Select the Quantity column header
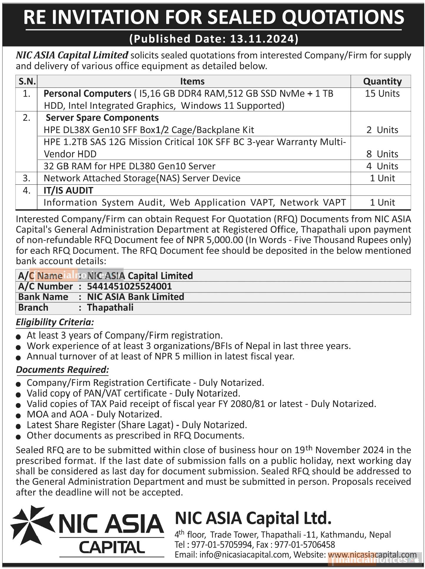pyautogui.click(x=382, y=81)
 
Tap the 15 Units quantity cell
pyautogui.click(x=382, y=94)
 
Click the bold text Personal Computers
pyautogui.click(x=87, y=94)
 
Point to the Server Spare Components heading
pyautogui.click(x=102, y=118)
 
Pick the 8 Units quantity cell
pyautogui.click(x=382, y=154)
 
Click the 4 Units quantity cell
pyautogui.click(x=382, y=166)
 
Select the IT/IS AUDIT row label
pyautogui.click(x=68, y=191)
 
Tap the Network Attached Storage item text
pyautogui.click(x=142, y=178)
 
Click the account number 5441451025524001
pyautogui.click(x=129, y=286)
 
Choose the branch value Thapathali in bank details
pyautogui.click(x=110, y=307)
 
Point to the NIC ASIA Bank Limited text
pyautogui.click(x=135, y=297)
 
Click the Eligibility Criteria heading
pyautogui.click(x=55, y=322)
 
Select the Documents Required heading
pyautogui.click(x=62, y=370)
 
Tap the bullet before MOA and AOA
pyautogui.click(x=18, y=416)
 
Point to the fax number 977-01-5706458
pyautogui.click(x=305, y=545)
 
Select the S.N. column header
pyautogui.click(x=27, y=81)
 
